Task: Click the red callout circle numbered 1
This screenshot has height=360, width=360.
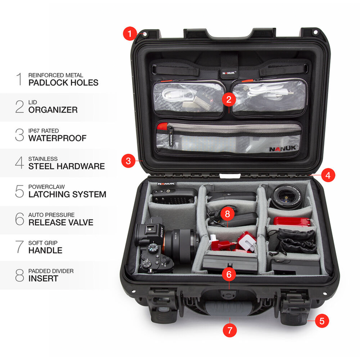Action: (x=130, y=33)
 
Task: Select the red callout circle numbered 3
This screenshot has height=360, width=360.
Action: (x=129, y=161)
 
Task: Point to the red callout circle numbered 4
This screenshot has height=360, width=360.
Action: (x=329, y=175)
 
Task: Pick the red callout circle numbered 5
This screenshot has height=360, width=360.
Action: (x=321, y=321)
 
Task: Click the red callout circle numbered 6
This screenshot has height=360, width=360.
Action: (x=229, y=274)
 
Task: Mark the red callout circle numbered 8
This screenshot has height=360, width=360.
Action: (x=227, y=212)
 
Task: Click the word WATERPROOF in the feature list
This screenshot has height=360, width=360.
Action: (x=58, y=138)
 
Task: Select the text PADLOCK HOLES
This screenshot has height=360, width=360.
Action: (x=63, y=82)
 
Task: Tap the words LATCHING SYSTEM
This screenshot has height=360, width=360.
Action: (x=67, y=194)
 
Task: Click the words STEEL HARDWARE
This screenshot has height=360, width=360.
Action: (x=67, y=166)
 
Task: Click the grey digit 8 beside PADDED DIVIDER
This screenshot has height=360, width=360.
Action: (x=20, y=275)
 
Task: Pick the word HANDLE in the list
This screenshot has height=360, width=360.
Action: (x=45, y=250)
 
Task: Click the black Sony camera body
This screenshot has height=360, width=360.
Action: (x=154, y=246)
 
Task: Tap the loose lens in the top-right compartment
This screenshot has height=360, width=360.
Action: (x=285, y=196)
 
